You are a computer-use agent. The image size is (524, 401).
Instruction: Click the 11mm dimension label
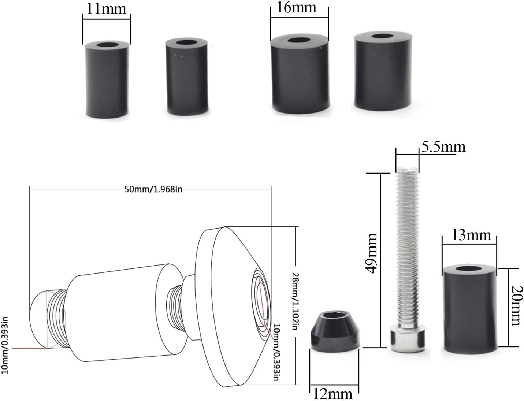click(x=106, y=8)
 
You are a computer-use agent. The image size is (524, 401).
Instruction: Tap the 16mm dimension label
click(x=296, y=7)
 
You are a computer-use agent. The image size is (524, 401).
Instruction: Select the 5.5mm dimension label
click(x=443, y=147)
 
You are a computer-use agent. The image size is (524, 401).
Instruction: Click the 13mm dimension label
click(x=471, y=235)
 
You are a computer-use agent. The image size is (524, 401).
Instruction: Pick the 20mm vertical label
click(x=515, y=306)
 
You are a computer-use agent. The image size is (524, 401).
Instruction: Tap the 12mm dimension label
click(x=332, y=394)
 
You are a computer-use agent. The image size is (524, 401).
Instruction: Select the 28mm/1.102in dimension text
click(x=295, y=301)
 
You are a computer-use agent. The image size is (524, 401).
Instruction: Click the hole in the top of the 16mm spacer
click(x=299, y=41)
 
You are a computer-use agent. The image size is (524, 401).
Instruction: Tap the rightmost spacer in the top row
click(x=381, y=71)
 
